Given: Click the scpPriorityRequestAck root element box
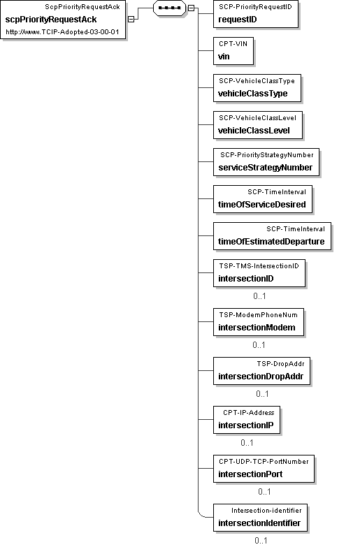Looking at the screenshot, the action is (x=63, y=20).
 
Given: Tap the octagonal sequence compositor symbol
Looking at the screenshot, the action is (x=169, y=8).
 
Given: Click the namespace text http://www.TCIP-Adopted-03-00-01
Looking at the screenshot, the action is (x=62, y=32).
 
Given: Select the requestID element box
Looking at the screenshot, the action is (x=256, y=14).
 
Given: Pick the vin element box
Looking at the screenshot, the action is (x=233, y=51).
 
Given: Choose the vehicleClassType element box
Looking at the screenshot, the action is (x=257, y=88).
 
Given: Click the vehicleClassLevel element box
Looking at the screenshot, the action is (x=258, y=125).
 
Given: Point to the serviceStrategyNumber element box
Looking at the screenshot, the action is (x=266, y=162).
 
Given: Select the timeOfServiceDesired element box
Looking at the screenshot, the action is (x=263, y=199).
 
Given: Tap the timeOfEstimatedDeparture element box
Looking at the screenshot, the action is (x=273, y=236).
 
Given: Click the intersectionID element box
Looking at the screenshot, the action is (x=259, y=273).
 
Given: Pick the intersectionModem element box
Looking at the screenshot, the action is (x=259, y=322).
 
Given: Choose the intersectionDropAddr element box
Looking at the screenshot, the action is (x=262, y=371).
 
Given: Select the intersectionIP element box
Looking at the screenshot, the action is (x=247, y=420).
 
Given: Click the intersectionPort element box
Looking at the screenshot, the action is (x=264, y=469).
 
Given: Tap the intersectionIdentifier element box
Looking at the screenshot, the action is (x=261, y=518).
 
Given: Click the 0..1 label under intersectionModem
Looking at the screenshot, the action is (x=259, y=345).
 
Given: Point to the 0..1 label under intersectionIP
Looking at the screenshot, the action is (x=247, y=443).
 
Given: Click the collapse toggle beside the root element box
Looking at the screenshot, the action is (x=131, y=20).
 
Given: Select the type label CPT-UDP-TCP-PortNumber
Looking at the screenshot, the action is (x=264, y=462).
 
